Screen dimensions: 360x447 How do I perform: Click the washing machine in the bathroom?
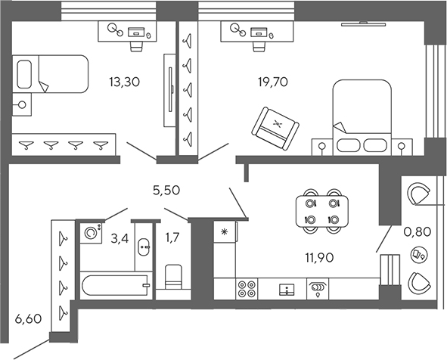[x=92, y=232]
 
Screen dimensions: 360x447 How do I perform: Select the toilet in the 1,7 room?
[x=174, y=275]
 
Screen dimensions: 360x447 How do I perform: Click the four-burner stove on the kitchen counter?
[x=247, y=288]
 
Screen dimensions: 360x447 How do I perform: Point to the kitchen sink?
[x=287, y=288]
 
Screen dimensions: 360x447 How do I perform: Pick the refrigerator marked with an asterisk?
[x=225, y=250]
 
